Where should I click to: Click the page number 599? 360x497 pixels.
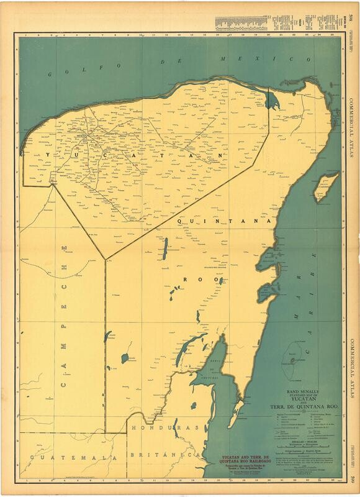point(352,478)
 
